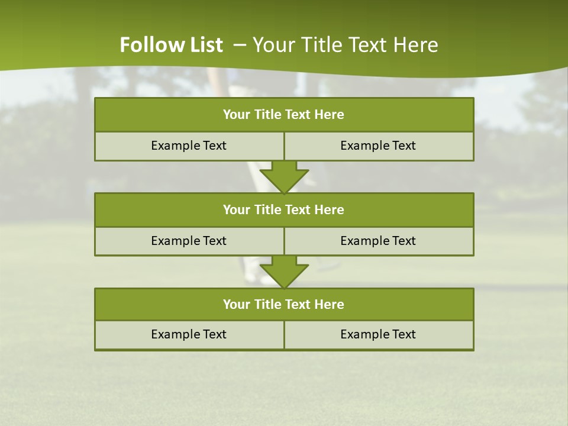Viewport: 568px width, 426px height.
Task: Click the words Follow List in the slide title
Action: (171, 45)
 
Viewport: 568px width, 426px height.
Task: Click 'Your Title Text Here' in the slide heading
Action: (345, 45)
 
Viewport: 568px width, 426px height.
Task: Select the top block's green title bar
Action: (284, 115)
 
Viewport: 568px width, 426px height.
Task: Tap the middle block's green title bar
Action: (284, 209)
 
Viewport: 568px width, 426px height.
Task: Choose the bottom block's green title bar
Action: (284, 304)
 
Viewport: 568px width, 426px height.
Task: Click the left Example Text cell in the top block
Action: (189, 146)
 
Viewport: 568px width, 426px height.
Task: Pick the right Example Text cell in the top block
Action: (378, 146)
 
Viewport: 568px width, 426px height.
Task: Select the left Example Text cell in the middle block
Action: (189, 241)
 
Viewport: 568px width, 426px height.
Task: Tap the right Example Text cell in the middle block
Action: (378, 241)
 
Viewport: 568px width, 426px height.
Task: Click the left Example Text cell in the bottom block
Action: (189, 334)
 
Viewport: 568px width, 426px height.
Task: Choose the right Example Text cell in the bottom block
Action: (378, 334)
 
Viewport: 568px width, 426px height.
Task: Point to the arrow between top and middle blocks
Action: (284, 177)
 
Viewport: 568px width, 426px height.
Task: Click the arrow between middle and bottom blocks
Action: (284, 272)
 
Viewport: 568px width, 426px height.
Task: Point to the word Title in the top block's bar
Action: (268, 115)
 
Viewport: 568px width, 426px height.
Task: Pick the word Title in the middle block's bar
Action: (268, 209)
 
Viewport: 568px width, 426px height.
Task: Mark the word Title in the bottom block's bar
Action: (268, 304)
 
